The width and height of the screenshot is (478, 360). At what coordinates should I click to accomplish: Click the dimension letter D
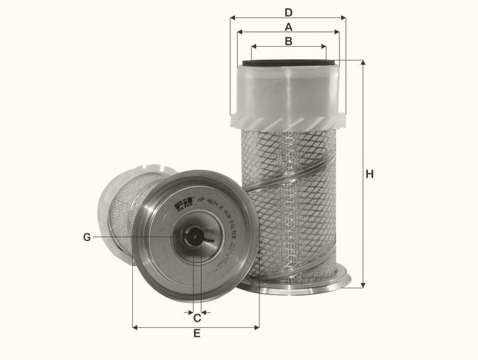point(288,12)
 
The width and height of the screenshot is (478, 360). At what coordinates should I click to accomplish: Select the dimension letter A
point(288,26)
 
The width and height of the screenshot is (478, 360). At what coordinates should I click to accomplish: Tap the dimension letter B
point(288,41)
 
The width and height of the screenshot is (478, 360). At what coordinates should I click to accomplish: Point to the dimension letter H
point(370,174)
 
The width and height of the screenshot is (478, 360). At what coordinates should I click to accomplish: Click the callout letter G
point(87,237)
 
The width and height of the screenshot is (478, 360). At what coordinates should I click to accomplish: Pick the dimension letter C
point(197,318)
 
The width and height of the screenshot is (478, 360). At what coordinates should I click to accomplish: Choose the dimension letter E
point(197,334)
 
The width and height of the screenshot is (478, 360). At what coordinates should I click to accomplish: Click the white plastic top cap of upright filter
point(288,91)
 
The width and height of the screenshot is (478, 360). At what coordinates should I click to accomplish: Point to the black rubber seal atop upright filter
point(288,63)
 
